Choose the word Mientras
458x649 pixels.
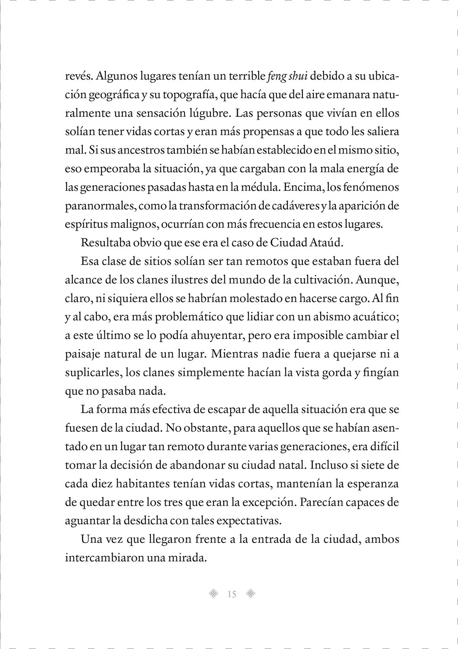point(234,354)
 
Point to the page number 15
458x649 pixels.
point(231,594)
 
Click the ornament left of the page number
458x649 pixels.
point(213,594)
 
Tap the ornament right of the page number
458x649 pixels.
point(250,594)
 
